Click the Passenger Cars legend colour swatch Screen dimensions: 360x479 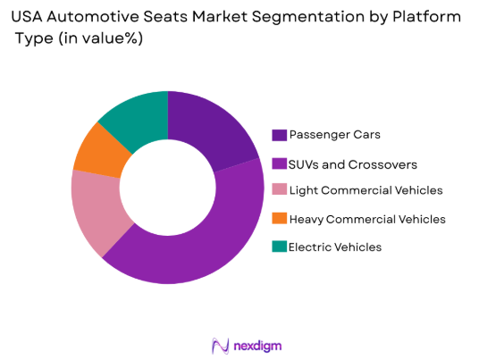(280, 135)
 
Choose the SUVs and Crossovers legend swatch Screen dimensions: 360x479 (280, 164)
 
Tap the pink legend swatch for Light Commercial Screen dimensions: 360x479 (280, 190)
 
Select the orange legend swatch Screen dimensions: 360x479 (280, 219)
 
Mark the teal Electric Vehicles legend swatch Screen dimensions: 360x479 (280, 247)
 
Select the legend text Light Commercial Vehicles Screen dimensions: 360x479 (366, 190)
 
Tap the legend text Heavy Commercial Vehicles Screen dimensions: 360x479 (368, 219)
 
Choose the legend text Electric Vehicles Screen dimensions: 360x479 (340, 247)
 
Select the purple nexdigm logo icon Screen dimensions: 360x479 (219, 345)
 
